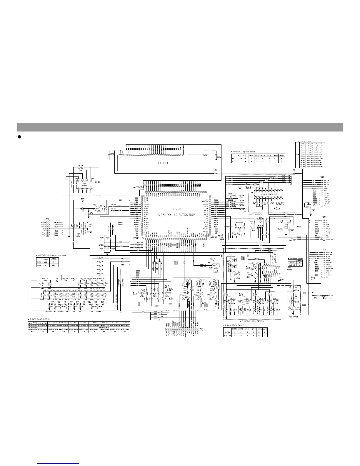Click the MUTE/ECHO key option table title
(x=51, y=255)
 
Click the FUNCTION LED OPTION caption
(x=252, y=321)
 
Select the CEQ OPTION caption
(x=256, y=214)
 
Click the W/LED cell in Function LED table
(x=292, y=262)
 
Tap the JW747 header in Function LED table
(x=299, y=260)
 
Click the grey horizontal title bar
(x=180, y=127)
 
